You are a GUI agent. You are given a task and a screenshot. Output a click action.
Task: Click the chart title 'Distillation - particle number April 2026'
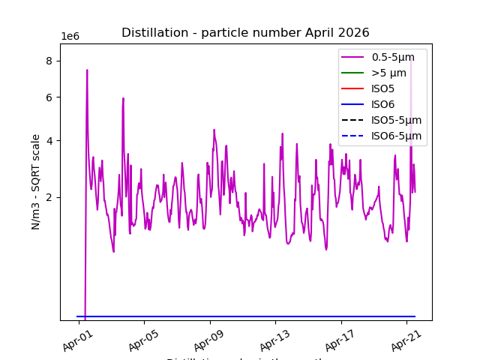coord(245,32)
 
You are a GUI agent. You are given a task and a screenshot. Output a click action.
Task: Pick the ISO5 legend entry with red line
coord(382,88)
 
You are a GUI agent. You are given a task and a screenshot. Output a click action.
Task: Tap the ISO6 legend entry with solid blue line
coord(382,104)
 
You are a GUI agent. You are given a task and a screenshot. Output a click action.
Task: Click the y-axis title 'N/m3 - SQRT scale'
coord(36,181)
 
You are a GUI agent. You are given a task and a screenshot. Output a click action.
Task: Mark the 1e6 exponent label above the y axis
coord(70,37)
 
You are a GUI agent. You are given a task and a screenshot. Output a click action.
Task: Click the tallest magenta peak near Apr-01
coord(87,70)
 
